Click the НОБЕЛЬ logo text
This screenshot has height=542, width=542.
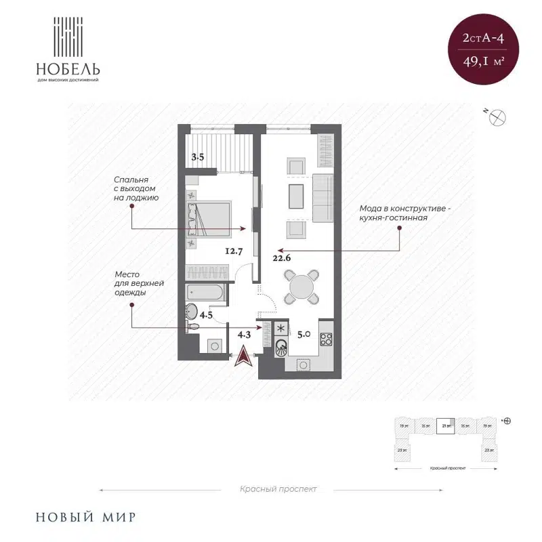69,68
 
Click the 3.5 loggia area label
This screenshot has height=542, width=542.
198,157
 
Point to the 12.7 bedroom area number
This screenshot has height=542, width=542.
234,251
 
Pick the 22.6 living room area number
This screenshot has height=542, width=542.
282,257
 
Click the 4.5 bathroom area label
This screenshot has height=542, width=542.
206,314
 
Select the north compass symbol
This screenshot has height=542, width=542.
499,117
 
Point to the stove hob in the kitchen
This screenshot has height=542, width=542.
326,339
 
